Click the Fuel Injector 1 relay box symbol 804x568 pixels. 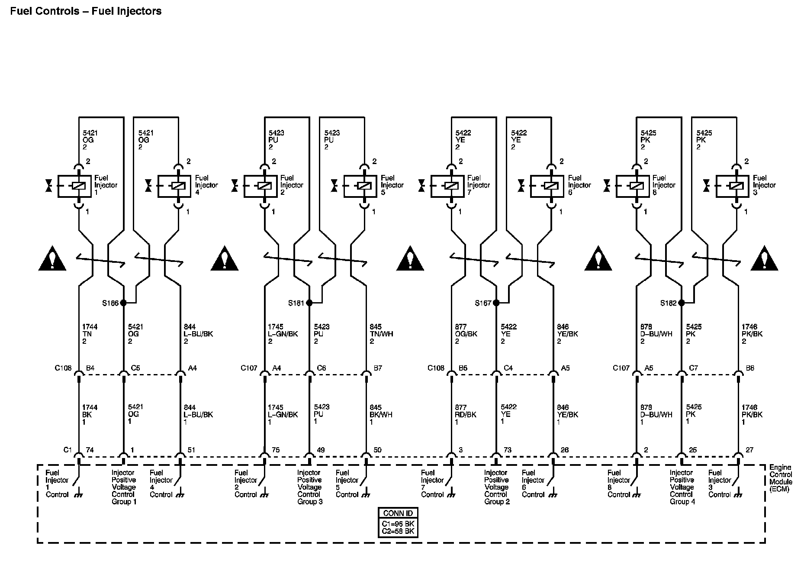(x=74, y=186)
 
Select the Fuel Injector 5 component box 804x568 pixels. (x=360, y=186)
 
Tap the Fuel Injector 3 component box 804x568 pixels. (x=733, y=186)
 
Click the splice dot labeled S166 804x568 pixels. (x=123, y=303)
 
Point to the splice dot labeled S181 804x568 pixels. (x=309, y=303)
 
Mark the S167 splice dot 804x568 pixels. (x=496, y=303)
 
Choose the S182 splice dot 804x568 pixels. (x=682, y=303)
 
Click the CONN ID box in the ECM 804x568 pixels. (x=398, y=523)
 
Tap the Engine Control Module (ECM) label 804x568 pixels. (x=781, y=478)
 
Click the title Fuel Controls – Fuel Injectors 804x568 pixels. (x=86, y=11)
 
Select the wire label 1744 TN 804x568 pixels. (x=90, y=334)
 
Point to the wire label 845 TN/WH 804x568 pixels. (x=381, y=334)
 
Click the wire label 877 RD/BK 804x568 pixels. (x=465, y=414)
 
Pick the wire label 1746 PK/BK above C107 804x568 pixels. (x=751, y=334)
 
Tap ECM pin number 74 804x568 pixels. (x=90, y=450)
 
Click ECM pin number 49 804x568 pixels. (x=321, y=450)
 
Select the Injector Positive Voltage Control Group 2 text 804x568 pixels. (x=496, y=487)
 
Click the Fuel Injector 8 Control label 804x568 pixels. (x=618, y=484)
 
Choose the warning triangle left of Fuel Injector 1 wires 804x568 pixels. (x=52, y=258)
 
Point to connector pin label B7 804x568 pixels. (x=378, y=368)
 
